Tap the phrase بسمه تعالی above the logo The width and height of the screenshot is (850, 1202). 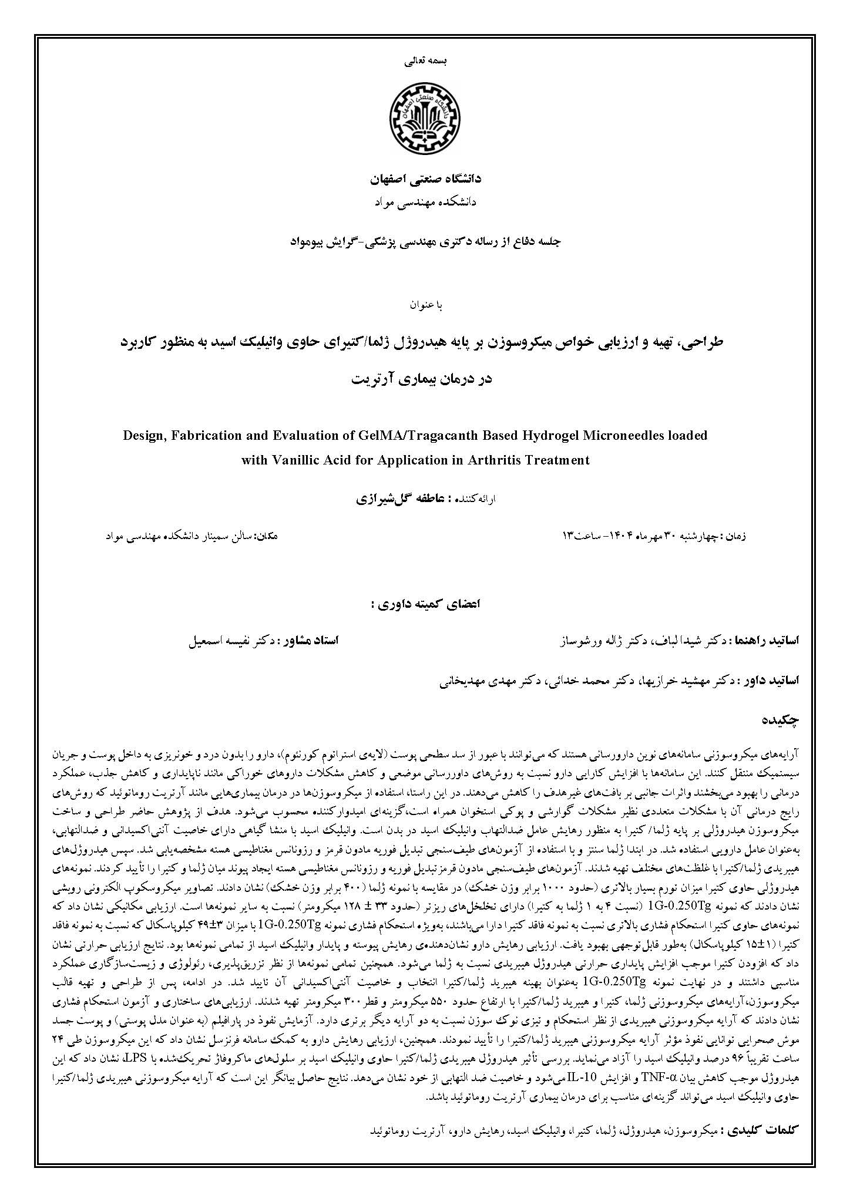[x=424, y=60]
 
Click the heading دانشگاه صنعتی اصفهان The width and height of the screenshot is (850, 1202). [x=425, y=179]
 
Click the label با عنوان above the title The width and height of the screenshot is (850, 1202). [x=425, y=305]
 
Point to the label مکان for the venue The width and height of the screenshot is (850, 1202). [x=265, y=536]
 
